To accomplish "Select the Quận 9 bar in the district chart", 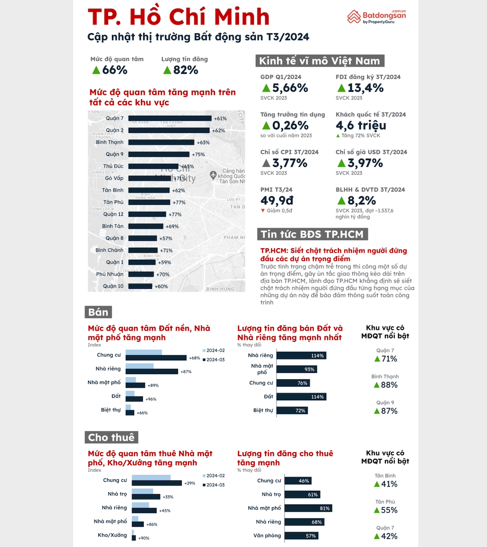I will (x=159, y=154).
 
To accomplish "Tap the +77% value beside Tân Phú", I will (x=179, y=203).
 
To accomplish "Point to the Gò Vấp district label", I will (x=114, y=178).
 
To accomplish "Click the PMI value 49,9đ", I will (x=277, y=200).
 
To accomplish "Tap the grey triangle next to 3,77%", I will (x=266, y=163).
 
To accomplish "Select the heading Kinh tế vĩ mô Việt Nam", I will (x=320, y=61).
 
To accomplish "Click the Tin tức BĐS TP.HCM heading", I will (x=312, y=234).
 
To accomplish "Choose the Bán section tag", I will (x=98, y=312).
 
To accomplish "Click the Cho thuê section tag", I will (x=111, y=437).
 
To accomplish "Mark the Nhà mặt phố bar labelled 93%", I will (x=296, y=369).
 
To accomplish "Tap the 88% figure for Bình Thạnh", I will (x=389, y=385).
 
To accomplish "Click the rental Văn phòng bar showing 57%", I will (x=301, y=536).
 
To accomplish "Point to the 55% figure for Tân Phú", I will (x=389, y=510).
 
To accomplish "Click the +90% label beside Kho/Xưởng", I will (x=144, y=538).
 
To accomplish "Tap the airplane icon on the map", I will (x=213, y=174).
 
